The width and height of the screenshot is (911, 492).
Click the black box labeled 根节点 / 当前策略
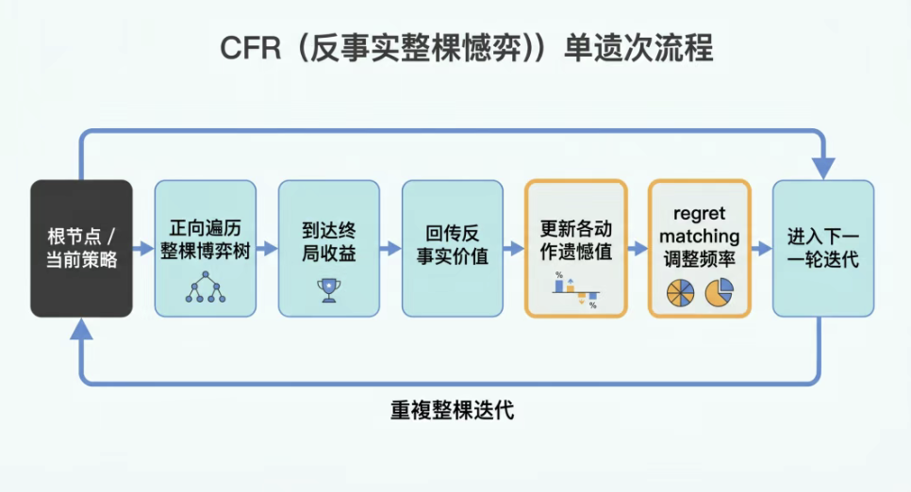[x=81, y=248]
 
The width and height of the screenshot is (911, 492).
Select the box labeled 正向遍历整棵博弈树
[x=206, y=248]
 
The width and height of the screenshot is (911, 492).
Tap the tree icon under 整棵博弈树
[x=206, y=287]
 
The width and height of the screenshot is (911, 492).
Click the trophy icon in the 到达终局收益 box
[x=328, y=289]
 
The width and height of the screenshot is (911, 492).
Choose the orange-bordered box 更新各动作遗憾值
[x=576, y=248]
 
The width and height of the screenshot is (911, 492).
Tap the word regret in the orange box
[x=700, y=215]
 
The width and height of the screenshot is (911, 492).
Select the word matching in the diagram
[x=700, y=238]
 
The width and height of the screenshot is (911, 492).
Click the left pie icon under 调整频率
[x=680, y=293]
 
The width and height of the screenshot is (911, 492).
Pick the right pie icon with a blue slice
[x=720, y=293]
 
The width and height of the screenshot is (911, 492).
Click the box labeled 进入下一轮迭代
[x=823, y=248]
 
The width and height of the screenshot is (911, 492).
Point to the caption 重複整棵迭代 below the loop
[x=453, y=411]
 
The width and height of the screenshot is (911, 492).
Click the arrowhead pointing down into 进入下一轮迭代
[x=823, y=168]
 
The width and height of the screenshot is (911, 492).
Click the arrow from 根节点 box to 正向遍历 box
[x=143, y=249]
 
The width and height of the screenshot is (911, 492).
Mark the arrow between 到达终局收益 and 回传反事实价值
[x=390, y=249]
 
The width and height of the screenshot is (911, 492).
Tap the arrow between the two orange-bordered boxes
[x=638, y=249]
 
